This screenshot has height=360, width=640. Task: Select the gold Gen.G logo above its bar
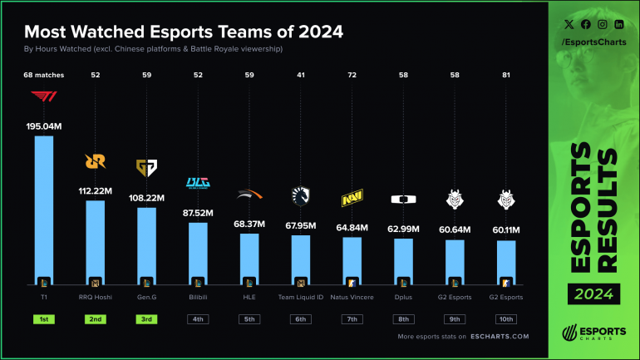pos(146,169)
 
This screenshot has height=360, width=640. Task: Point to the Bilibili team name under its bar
pos(198,297)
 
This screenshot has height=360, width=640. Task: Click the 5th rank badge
pos(249,318)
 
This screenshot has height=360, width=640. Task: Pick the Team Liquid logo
pos(301,195)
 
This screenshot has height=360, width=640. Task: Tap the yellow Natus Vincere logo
pos(352,200)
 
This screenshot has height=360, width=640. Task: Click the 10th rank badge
pos(506,318)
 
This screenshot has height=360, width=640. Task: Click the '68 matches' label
pos(43,75)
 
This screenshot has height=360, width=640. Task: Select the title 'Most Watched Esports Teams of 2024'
pos(184,32)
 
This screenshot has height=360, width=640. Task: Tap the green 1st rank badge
pos(43,318)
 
